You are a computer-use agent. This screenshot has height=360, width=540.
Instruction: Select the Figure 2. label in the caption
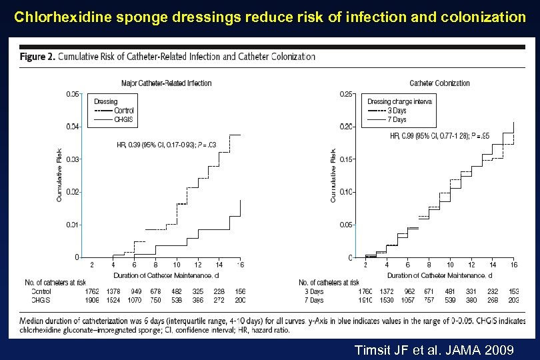37,56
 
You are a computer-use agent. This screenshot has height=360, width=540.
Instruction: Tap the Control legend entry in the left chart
123,110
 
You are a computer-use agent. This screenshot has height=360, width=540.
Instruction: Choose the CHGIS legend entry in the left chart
123,119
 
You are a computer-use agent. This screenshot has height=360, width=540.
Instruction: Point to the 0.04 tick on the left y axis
73,126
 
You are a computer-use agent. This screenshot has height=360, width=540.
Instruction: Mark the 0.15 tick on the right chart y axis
347,159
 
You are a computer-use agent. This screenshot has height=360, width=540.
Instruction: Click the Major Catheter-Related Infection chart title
166,83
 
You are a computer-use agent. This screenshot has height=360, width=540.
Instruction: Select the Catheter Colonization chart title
439,83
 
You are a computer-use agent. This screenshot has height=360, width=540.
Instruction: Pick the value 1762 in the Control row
92,291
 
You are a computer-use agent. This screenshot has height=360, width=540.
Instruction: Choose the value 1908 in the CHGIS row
92,300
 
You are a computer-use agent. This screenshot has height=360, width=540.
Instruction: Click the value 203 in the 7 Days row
513,300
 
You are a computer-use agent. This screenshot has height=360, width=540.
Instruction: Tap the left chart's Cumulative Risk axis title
59,175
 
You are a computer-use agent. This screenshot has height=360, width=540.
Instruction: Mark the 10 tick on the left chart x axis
177,265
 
